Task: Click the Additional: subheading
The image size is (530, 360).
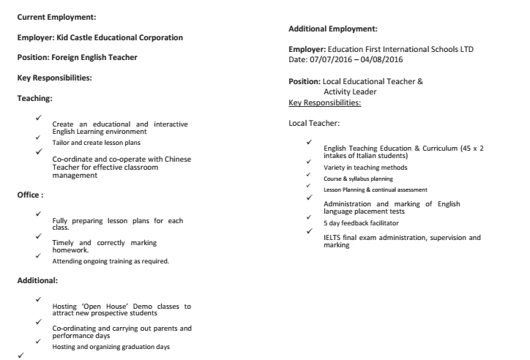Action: (40, 280)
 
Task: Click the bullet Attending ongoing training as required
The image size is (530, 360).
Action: (111, 260)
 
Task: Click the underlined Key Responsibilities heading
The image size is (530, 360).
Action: (325, 103)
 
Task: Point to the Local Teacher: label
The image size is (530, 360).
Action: (314, 124)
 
